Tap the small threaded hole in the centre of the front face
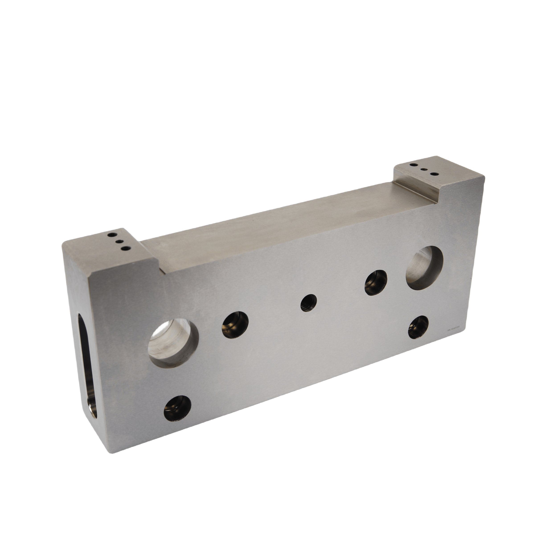point(309,303)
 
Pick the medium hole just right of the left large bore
point(235,325)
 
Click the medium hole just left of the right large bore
point(376,283)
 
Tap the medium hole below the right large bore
point(418,327)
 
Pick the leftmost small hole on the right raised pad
point(414,165)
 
